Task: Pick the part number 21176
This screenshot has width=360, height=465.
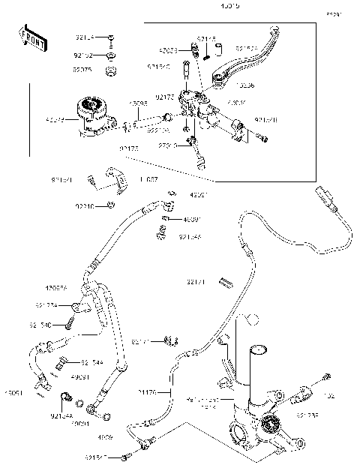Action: click(x=148, y=391)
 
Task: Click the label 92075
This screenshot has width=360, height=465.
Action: click(x=82, y=70)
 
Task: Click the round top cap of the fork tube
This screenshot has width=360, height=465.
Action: click(x=259, y=348)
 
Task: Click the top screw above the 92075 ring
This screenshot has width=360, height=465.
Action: click(x=110, y=38)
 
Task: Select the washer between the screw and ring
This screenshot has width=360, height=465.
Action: click(x=110, y=55)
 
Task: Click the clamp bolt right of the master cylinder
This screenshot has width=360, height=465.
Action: click(x=259, y=137)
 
